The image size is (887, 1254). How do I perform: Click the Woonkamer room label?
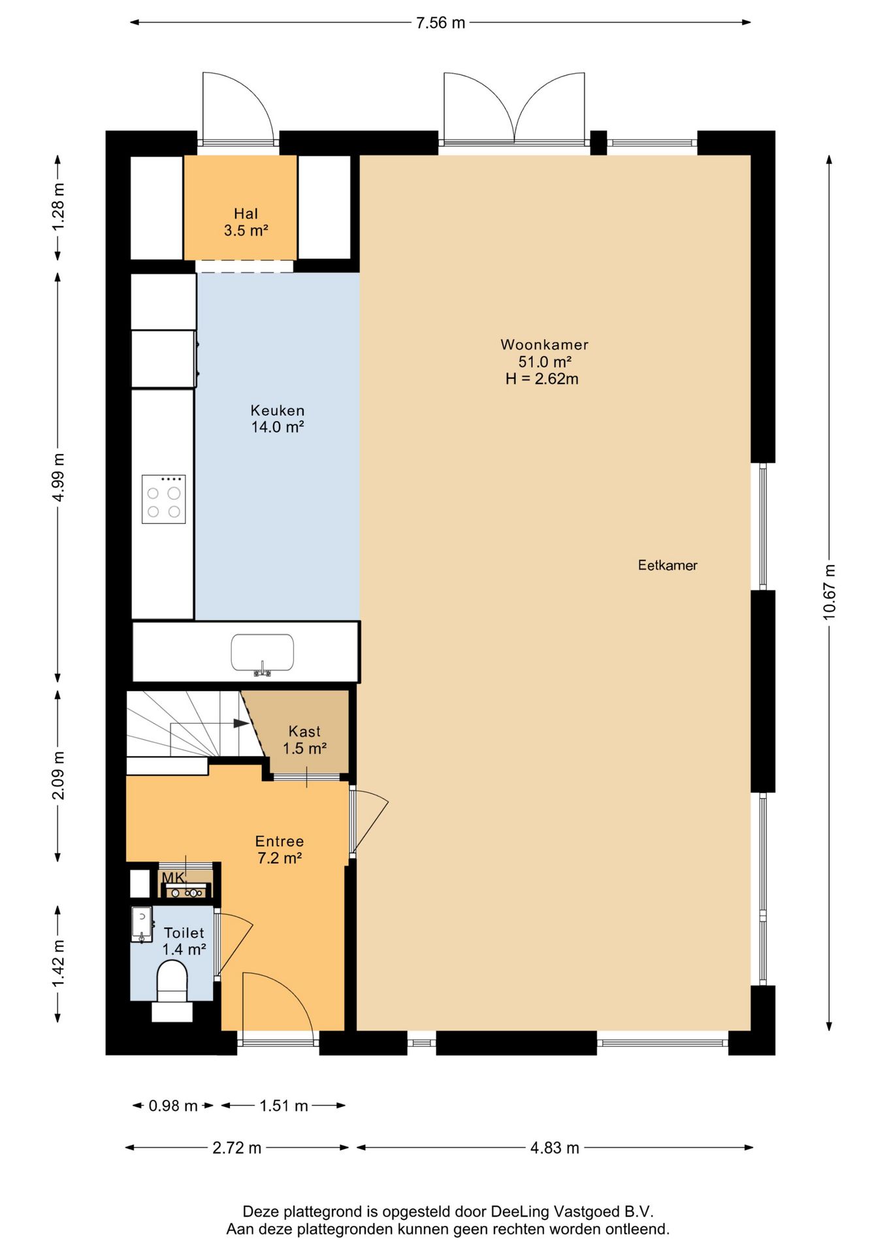[x=544, y=344]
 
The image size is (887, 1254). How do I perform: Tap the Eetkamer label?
[x=668, y=565]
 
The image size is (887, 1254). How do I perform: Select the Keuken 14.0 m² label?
[x=278, y=419]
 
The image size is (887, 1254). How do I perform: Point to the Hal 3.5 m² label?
[x=246, y=221]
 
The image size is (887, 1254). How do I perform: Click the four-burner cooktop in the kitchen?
[x=164, y=499]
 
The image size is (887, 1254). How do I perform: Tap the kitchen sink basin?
[x=262, y=652]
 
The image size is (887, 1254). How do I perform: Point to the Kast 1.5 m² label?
[x=304, y=739]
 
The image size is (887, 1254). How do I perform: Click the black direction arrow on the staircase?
[x=241, y=723]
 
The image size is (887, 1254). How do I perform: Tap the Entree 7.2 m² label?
[x=280, y=849]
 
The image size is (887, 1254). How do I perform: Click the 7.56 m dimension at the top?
[x=441, y=23]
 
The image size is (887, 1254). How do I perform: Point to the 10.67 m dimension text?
[x=829, y=592]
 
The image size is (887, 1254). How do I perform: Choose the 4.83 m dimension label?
[x=555, y=1148]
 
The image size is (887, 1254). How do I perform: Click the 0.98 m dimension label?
[x=173, y=1106]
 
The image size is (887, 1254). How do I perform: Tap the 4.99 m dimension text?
[x=59, y=477]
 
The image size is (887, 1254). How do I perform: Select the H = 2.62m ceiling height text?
[x=541, y=379]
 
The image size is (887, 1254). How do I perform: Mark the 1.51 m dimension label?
[x=283, y=1106]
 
